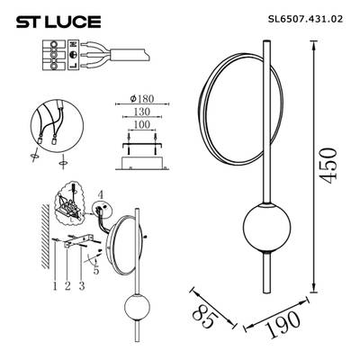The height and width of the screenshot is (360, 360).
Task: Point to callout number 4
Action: click(x=102, y=193)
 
